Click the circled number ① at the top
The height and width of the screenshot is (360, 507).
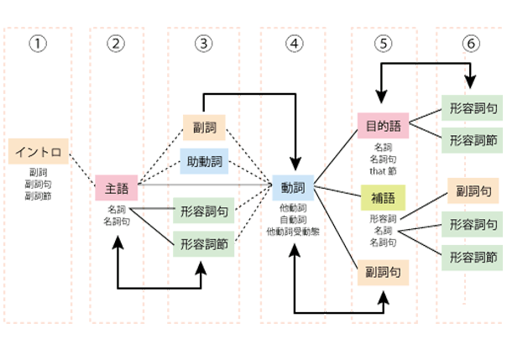35,44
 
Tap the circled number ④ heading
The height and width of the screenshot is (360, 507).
294,44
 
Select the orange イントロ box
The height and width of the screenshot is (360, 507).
37,152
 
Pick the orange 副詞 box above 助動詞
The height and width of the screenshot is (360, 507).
205,128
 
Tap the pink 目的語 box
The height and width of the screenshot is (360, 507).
384,127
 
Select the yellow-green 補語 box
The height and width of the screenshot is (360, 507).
383,199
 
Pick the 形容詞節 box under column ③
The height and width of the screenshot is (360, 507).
204,245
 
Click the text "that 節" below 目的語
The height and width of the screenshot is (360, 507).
383,166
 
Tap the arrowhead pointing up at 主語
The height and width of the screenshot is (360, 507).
118,242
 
